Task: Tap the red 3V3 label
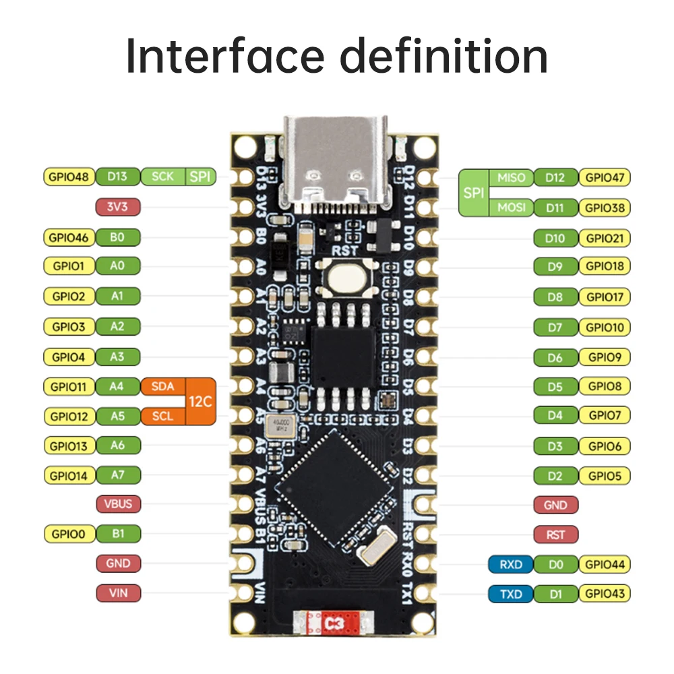click(118, 207)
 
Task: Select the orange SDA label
click(162, 386)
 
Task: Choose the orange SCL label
click(162, 416)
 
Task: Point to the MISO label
click(511, 178)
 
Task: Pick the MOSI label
click(511, 208)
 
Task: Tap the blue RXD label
click(511, 564)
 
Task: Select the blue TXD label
click(511, 594)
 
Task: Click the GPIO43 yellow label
click(605, 594)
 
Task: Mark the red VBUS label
click(118, 503)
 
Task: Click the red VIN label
click(118, 593)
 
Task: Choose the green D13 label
click(118, 177)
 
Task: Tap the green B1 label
click(118, 534)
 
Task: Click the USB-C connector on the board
click(336, 162)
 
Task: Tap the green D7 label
click(555, 328)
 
